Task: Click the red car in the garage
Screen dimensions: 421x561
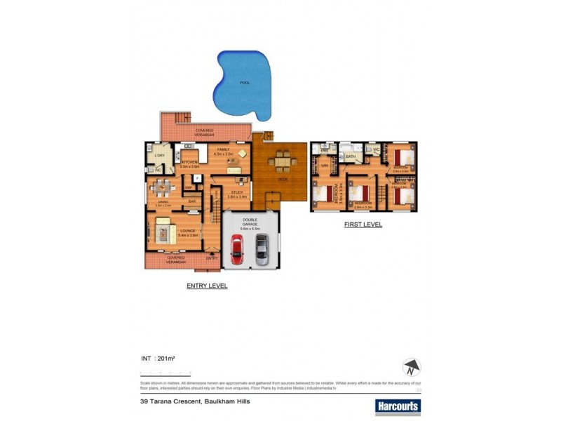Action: tap(237, 249)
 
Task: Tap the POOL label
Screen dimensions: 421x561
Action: tap(245, 83)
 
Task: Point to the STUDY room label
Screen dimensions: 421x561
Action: tap(236, 193)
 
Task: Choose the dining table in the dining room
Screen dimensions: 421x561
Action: tap(163, 188)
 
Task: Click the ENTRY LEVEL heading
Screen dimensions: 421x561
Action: tap(207, 286)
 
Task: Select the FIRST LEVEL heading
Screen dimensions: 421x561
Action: tap(363, 225)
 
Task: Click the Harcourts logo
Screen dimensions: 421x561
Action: tap(397, 406)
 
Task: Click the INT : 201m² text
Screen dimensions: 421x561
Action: tap(158, 359)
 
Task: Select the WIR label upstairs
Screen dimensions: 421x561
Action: tap(325, 166)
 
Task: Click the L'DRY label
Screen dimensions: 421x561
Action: tap(159, 154)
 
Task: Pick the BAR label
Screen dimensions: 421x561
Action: tap(191, 202)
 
